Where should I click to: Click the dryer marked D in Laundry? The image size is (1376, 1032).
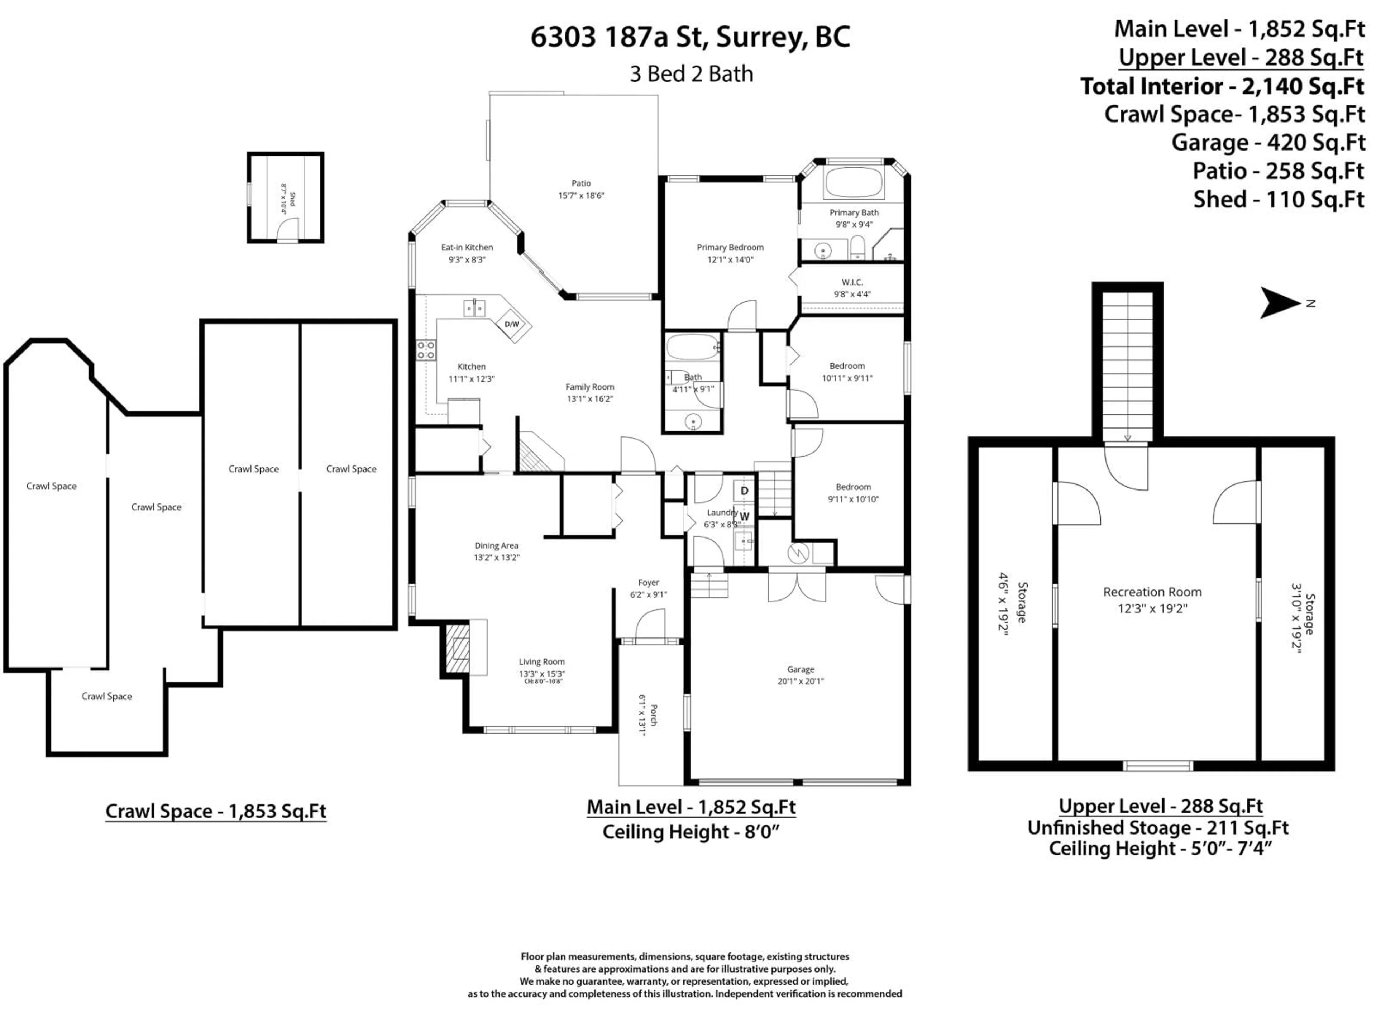point(744,491)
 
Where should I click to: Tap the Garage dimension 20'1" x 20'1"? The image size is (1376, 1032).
point(801,681)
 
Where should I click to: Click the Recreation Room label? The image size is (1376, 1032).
point(1152,592)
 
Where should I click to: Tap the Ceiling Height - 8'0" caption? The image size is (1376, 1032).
point(691,832)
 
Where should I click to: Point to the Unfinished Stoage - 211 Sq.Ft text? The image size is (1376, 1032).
point(1158,828)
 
